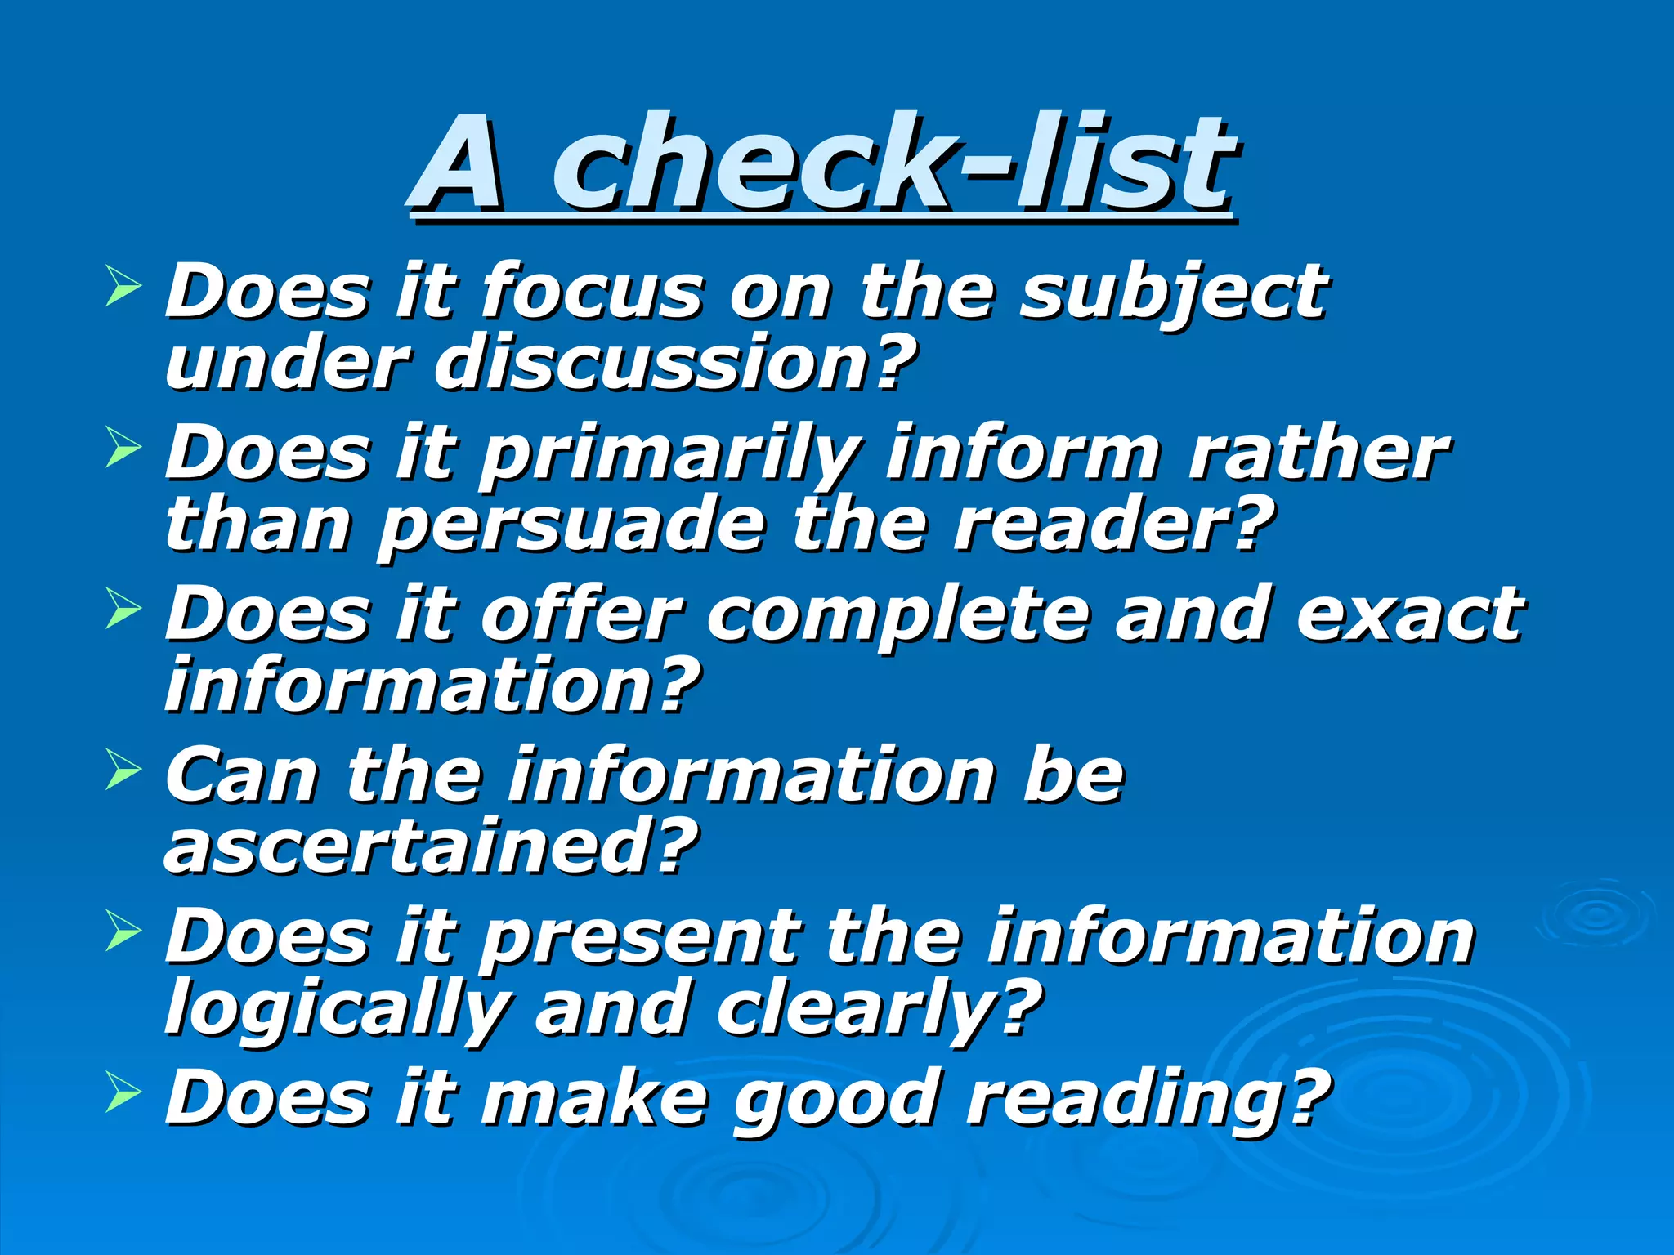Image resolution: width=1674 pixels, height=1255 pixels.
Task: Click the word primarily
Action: (670, 454)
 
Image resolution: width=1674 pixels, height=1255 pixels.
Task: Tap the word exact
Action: (1409, 614)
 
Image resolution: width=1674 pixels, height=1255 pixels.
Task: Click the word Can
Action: (242, 775)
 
